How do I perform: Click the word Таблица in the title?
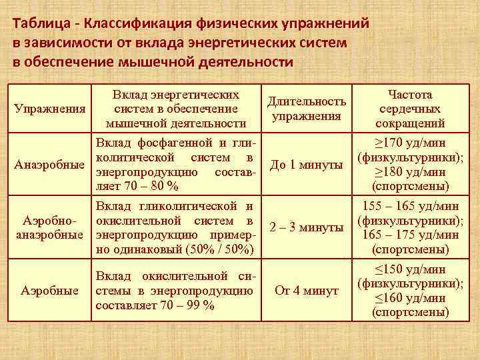[38, 24]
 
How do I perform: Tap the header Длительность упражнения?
[306, 109]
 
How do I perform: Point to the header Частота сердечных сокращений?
[410, 109]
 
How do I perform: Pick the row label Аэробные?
[49, 291]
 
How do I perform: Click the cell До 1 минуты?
[307, 165]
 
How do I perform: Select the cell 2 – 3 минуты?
[307, 227]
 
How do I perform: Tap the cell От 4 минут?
[307, 291]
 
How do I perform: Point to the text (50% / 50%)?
[214, 249]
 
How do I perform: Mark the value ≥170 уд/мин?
[410, 143]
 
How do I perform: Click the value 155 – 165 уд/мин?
[410, 206]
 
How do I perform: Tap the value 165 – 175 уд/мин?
[410, 235]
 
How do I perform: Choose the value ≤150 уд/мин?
[410, 269]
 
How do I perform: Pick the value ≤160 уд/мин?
[410, 298]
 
